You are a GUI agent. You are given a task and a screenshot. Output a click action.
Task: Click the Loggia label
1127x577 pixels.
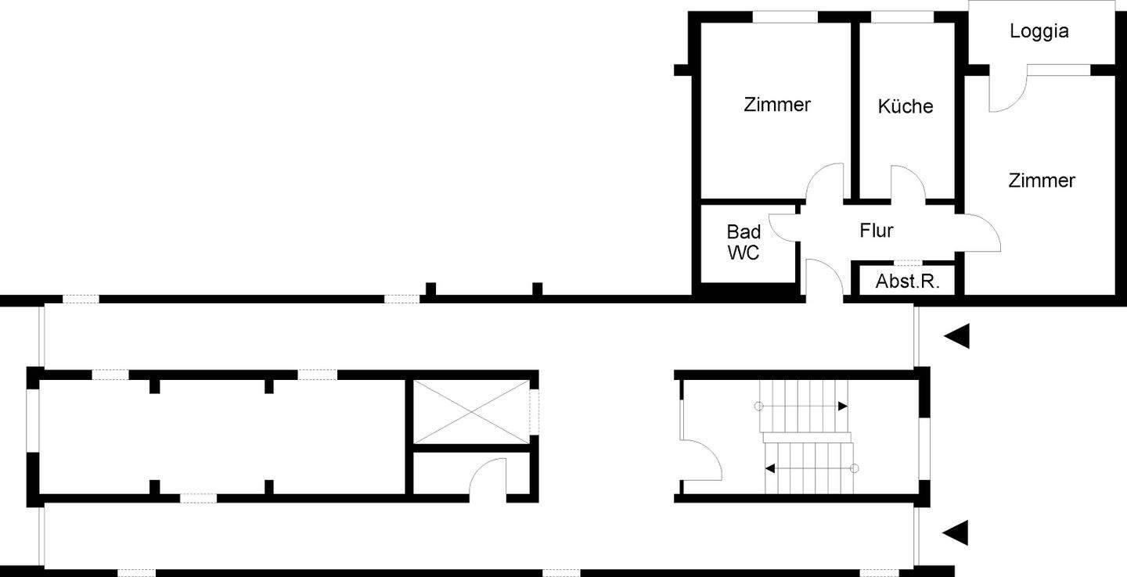[x=1039, y=32]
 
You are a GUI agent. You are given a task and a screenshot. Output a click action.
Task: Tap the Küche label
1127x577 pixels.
[x=906, y=106]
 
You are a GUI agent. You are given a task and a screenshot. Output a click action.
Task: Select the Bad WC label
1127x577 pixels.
[x=744, y=242]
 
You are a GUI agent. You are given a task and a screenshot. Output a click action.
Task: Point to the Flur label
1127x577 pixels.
[x=877, y=231]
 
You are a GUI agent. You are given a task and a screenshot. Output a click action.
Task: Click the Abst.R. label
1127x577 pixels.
[x=908, y=281]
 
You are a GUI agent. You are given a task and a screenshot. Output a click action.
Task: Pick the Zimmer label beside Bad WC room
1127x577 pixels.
[x=777, y=105]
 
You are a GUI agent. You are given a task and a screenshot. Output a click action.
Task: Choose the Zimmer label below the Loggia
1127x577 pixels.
[x=1042, y=181]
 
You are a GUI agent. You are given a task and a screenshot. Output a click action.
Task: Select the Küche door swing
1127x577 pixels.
[x=908, y=184]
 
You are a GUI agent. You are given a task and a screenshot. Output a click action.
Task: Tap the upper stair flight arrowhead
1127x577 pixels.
[x=843, y=407]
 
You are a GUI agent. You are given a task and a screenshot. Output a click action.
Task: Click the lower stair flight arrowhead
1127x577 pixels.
[x=770, y=468]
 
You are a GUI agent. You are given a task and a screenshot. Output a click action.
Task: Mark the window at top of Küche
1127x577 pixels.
[x=902, y=17]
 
